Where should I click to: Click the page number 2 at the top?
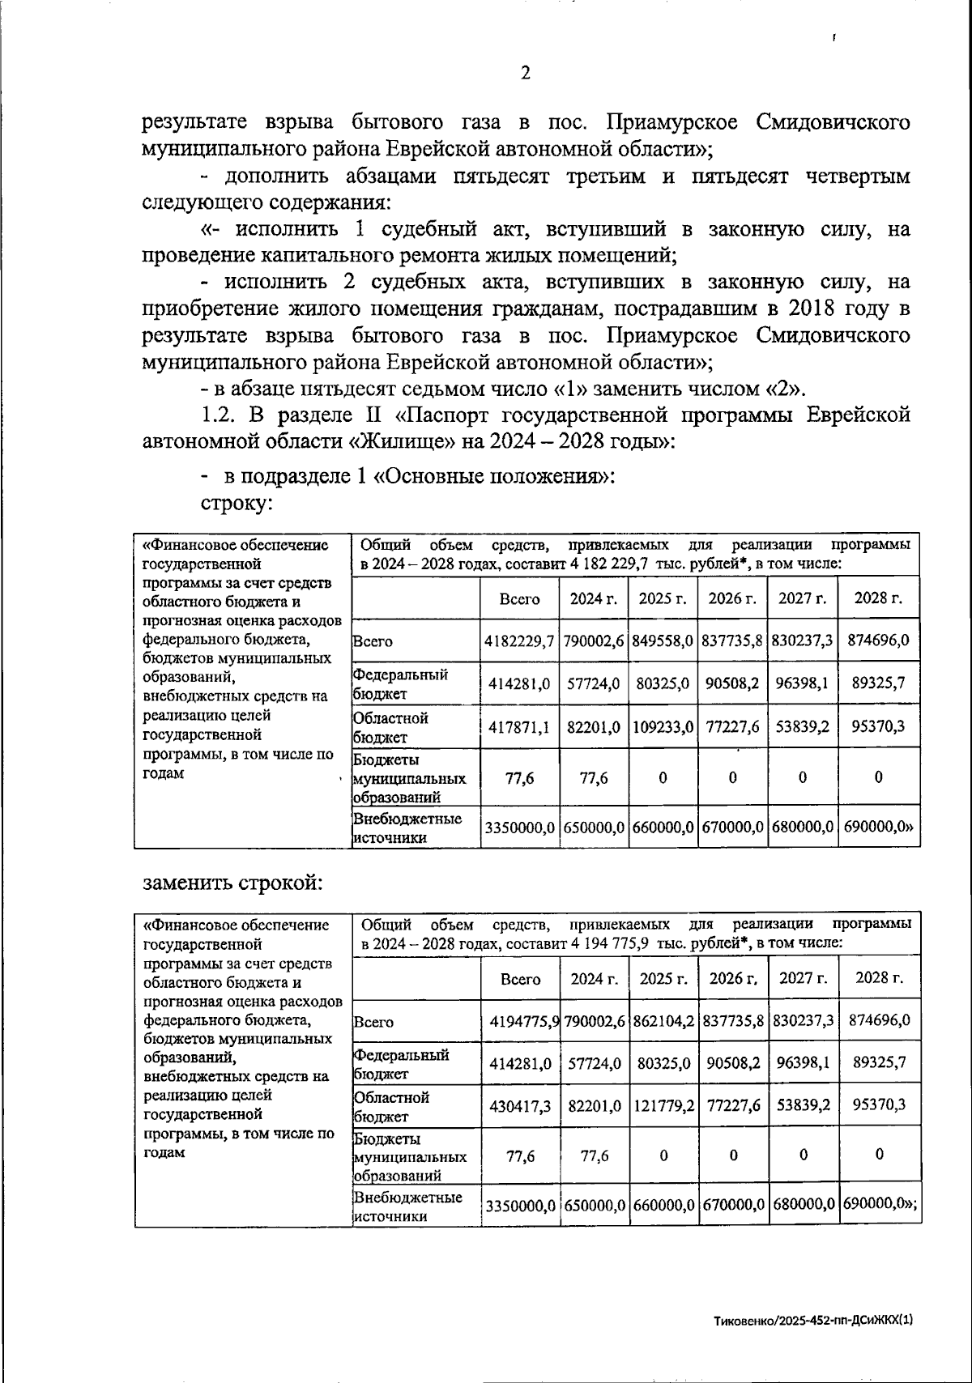[525, 73]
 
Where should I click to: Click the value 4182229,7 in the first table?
[519, 640]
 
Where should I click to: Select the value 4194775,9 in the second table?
[524, 1021]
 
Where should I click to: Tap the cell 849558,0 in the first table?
[663, 640]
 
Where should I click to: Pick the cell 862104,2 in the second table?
[663, 1021]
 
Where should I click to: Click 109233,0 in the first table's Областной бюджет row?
[663, 727]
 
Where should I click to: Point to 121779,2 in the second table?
[663, 1105]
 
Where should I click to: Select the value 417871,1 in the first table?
[519, 727]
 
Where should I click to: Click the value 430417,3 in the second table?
[520, 1105]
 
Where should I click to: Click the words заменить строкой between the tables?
[232, 882]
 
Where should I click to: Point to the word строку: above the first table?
[235, 503]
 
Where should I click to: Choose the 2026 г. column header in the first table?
[732, 598]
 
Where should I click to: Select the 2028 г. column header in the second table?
[879, 978]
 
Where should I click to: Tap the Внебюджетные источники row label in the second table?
[407, 1206]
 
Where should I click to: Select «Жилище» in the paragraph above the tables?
[402, 441]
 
